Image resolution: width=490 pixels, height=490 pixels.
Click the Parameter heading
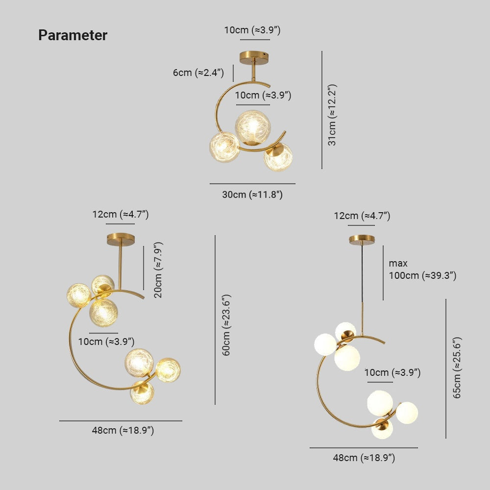(73, 35)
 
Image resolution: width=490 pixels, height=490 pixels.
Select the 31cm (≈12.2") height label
(333, 115)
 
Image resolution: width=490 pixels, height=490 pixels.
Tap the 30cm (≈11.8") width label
(252, 195)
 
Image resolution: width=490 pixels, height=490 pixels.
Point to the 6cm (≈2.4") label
(198, 73)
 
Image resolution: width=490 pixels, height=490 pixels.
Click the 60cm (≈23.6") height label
(226, 325)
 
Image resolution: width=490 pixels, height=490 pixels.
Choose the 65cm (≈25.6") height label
(457, 367)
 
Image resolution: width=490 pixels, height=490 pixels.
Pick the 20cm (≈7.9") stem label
(158, 270)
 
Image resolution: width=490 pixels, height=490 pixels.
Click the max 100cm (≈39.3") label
(422, 269)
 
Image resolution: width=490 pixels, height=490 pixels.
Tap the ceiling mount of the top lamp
(254, 58)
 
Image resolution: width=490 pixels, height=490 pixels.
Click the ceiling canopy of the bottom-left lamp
(121, 239)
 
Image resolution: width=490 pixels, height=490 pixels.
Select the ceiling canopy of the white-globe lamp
(362, 240)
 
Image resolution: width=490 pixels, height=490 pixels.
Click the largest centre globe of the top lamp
(252, 126)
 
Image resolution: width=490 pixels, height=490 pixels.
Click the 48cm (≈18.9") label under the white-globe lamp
(364, 458)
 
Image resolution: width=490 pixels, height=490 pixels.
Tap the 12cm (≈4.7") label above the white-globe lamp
(362, 216)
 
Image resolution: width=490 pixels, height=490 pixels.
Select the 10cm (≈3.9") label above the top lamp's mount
(252, 30)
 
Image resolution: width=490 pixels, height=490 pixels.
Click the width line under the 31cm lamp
(252, 184)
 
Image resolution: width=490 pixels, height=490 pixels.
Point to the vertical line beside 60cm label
(215, 319)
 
